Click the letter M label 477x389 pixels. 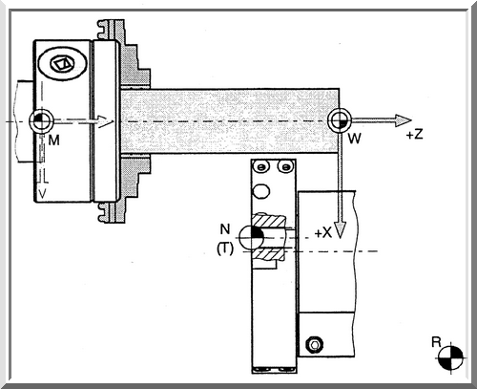pyautogui.click(x=54, y=140)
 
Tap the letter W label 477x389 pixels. pyautogui.click(x=355, y=139)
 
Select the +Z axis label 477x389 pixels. pyautogui.click(x=415, y=135)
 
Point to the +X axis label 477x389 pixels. pyautogui.click(x=323, y=233)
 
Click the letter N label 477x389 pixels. pyautogui.click(x=225, y=228)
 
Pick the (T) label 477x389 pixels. pyautogui.click(x=225, y=249)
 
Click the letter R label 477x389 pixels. pyautogui.click(x=436, y=342)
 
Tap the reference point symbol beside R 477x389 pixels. pyautogui.click(x=450, y=357)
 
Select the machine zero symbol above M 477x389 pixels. pyautogui.click(x=41, y=120)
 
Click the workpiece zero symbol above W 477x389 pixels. pyautogui.click(x=340, y=120)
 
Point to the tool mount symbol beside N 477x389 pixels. pyautogui.click(x=251, y=238)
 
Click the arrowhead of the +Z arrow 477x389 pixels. pyautogui.click(x=404, y=120)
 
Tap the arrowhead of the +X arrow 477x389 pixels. pyautogui.click(x=340, y=230)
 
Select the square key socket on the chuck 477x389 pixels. pyautogui.click(x=62, y=64)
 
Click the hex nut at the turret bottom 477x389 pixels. pyautogui.click(x=315, y=344)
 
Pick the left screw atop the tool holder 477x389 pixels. pyautogui.click(x=261, y=166)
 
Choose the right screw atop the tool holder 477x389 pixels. pyautogui.click(x=285, y=166)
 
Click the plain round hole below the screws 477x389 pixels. pyautogui.click(x=261, y=191)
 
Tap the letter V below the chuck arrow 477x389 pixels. pyautogui.click(x=42, y=193)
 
